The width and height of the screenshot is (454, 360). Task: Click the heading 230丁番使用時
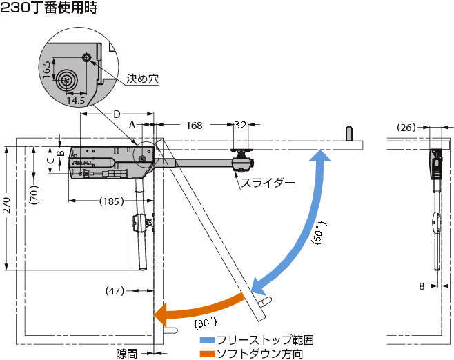coord(48,8)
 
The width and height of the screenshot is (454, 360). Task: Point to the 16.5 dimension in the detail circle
coord(47,69)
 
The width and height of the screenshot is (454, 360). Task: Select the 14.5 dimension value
coord(76,101)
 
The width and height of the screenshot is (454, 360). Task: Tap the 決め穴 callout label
coord(142,79)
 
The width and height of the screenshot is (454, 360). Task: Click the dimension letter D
coord(117,114)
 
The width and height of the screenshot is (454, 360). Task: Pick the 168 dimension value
coord(195,126)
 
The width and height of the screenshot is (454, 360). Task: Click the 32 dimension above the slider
coord(240,125)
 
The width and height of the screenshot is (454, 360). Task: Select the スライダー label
coord(268,183)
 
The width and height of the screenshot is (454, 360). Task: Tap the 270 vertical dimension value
coord(7,206)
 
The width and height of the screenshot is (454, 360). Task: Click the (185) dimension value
coord(111,201)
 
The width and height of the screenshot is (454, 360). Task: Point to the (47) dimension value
coord(115,290)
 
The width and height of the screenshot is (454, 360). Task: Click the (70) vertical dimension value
coord(34,195)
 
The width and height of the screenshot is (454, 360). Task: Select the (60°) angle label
coord(319,234)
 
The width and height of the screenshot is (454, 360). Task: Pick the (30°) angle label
coord(206,322)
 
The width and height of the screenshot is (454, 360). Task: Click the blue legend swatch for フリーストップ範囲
coord(207,340)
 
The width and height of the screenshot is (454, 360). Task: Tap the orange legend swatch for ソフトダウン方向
coord(207,354)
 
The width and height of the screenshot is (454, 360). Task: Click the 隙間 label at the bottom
coord(126,353)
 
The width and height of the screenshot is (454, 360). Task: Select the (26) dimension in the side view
coord(406,127)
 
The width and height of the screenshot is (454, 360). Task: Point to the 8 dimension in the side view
coord(422,286)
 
